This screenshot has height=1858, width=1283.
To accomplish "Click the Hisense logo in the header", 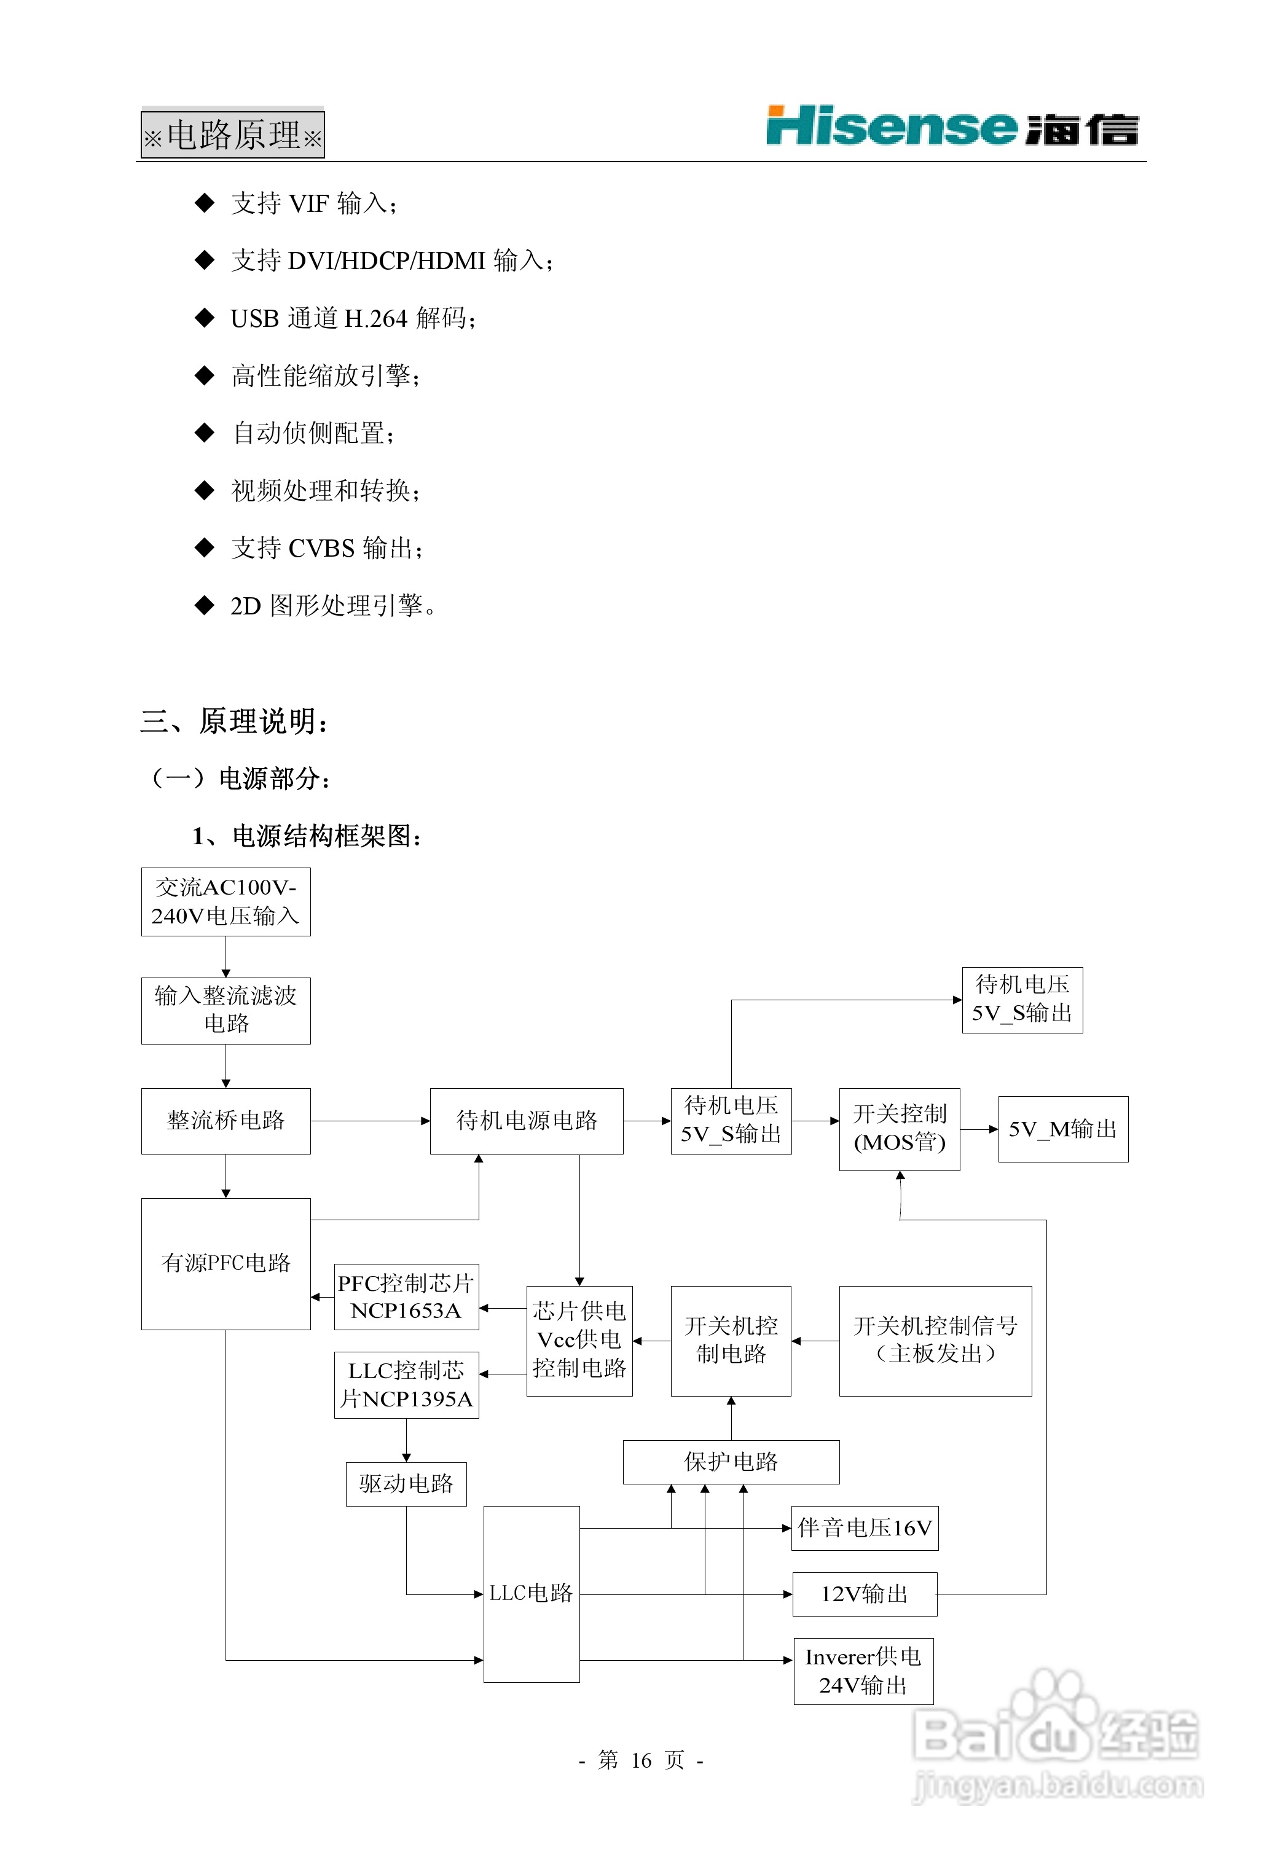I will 952,127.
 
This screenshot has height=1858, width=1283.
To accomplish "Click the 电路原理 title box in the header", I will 232,134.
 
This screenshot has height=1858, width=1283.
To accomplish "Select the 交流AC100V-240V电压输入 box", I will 226,902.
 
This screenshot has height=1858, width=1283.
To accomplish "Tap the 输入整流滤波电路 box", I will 226,1010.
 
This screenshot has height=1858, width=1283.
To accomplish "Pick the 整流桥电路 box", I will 226,1121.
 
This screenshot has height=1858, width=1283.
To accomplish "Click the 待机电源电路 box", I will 527,1121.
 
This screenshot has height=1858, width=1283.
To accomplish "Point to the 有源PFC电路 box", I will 226,1263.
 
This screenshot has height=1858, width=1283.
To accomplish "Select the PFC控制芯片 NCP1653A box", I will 406,1296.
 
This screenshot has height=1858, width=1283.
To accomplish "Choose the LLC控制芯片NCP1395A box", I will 406,1385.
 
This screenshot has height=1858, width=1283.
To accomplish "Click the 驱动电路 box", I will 406,1483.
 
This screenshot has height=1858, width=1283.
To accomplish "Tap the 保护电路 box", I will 731,1462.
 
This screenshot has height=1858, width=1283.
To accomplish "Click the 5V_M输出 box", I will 1063,1129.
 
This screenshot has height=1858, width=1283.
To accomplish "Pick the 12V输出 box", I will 864,1594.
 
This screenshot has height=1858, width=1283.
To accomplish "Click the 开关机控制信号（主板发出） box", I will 935,1341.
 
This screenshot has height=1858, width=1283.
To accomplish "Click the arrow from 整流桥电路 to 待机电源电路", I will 370,1121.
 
